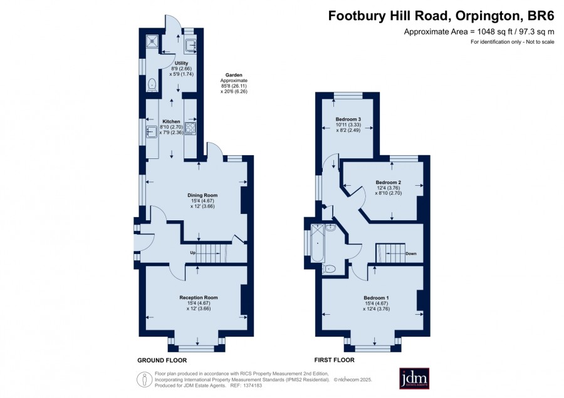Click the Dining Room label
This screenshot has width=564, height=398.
coord(202,195)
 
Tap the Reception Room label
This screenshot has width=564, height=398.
coord(199,297)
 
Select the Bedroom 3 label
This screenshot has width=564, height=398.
coord(348,120)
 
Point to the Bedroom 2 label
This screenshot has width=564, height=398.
coord(388,183)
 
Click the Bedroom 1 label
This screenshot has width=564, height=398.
coord(376,298)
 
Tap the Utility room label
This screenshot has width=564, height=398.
coord(181,63)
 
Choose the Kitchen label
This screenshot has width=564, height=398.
coord(171,121)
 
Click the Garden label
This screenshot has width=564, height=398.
coord(234,75)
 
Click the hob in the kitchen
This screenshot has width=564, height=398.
coord(191,128)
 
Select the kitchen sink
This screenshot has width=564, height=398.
coord(150,132)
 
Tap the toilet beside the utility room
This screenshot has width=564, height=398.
coord(152,84)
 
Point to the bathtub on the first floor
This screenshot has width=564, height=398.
coord(318,243)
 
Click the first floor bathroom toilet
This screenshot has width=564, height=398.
coord(329,268)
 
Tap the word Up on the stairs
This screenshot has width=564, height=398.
coord(193,253)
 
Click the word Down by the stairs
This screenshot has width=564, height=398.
coord(410,253)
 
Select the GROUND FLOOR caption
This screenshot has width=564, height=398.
coord(162,360)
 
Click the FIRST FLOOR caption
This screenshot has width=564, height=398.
coord(335,360)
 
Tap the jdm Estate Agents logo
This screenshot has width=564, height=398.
coord(414,378)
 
